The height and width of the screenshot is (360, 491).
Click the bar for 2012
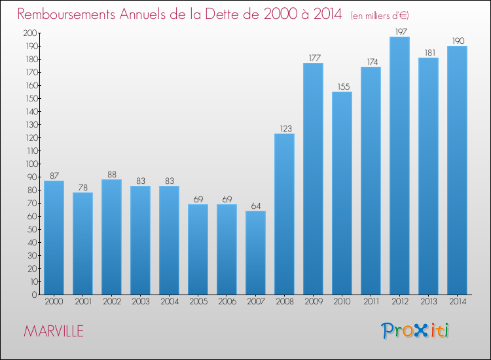399,166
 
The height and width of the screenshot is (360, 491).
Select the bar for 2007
255,253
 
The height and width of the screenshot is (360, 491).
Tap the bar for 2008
284,214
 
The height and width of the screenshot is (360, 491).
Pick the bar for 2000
54,238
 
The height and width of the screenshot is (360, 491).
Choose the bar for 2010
342,193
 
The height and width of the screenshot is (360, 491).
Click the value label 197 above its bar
399,31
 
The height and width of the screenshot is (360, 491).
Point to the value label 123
284,128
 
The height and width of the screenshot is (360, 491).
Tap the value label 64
255,206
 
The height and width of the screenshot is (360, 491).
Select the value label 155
342,86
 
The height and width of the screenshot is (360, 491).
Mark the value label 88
111,174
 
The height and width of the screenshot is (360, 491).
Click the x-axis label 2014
457,301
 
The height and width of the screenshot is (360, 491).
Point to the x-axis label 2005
198,301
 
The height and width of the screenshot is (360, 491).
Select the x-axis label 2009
313,301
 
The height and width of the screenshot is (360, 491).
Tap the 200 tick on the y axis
29,33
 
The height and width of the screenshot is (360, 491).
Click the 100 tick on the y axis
29,164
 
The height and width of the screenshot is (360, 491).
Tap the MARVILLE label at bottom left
54,331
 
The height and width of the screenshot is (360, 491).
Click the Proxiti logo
415,331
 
